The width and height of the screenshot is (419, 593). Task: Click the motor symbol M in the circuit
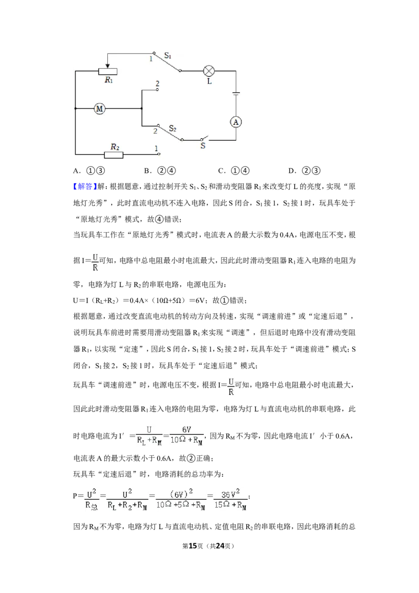coord(100,108)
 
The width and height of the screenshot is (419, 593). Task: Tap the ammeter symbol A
coord(236,122)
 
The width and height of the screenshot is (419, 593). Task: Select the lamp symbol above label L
coord(209,71)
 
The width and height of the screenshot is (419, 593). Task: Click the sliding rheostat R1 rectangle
coord(108,71)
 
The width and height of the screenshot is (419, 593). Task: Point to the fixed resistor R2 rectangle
coord(114,155)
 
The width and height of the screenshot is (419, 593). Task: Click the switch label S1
coord(168,56)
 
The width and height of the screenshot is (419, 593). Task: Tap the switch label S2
coord(172,128)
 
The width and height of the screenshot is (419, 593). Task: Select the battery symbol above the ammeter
coord(236,93)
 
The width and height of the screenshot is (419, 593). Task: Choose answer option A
coord(89,171)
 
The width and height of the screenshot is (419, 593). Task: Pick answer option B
coord(160,171)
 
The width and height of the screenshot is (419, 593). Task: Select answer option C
coord(234,171)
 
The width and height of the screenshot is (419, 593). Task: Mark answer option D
coord(304,171)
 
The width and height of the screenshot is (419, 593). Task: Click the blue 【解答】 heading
coord(85,186)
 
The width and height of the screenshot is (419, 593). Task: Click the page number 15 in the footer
coord(193,546)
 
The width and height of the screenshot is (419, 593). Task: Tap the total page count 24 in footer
coord(219,546)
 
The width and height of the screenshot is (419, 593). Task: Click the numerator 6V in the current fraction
coord(186,429)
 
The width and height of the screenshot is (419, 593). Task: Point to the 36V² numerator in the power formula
coord(230,493)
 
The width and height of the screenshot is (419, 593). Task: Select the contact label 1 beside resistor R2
coord(156,149)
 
